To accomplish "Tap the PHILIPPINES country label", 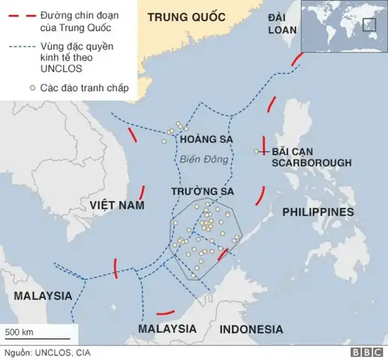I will click(x=317, y=212).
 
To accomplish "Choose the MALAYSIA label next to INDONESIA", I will click(x=167, y=329).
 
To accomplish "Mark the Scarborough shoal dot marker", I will click(x=257, y=152).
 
